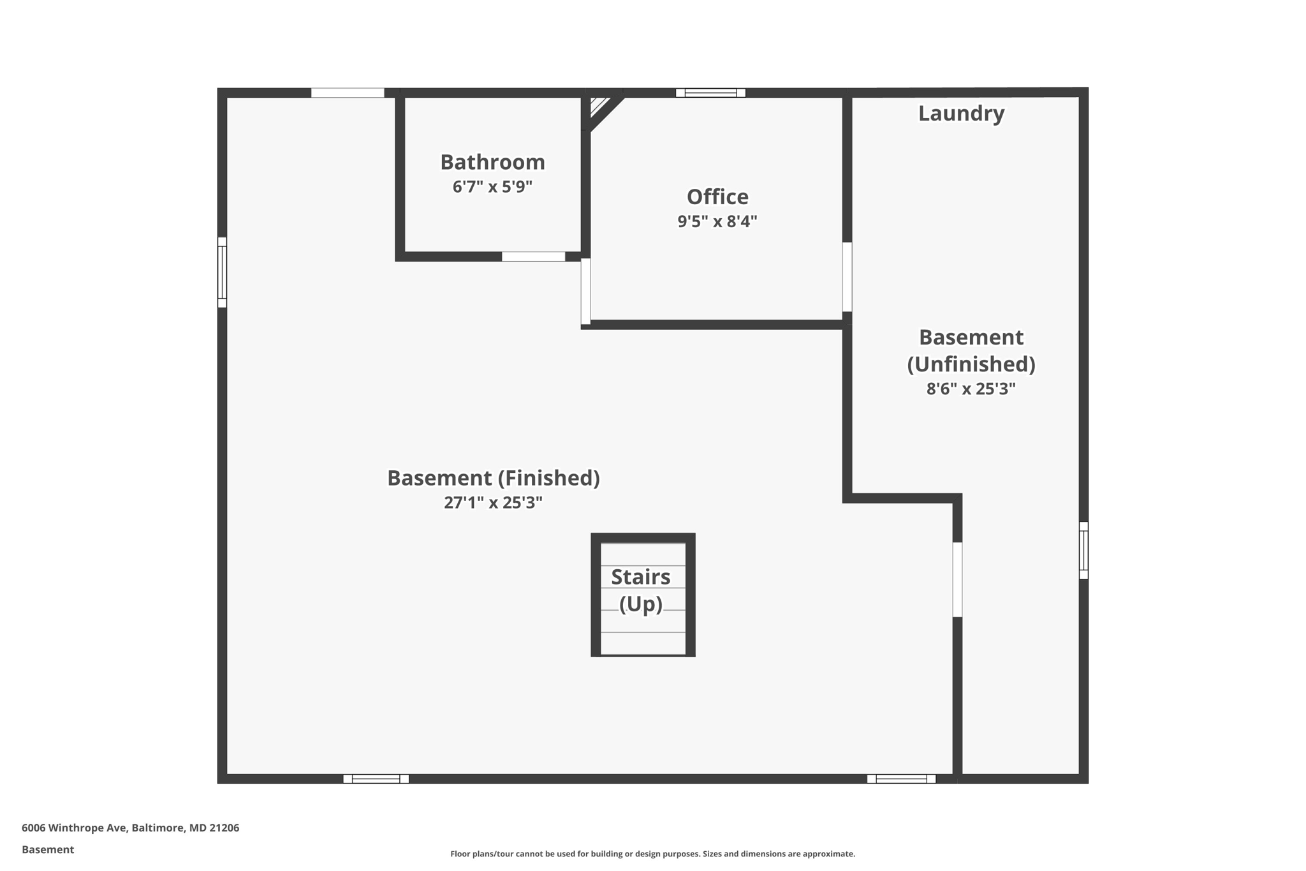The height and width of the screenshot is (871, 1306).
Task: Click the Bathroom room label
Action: pos(492,162)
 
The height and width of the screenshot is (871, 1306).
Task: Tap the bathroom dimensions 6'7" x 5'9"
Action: pos(492,187)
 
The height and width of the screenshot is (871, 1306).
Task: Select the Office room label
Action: pos(717,197)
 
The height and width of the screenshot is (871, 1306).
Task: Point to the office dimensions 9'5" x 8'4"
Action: pos(717,221)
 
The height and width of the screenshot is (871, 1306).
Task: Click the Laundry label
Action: pos(961,114)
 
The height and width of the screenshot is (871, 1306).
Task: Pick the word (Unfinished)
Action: pos(971,364)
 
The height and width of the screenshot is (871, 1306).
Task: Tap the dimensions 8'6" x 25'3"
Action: pos(971,389)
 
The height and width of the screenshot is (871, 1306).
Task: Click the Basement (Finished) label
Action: pos(494,478)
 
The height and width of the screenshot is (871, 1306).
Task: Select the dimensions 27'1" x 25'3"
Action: pos(494,503)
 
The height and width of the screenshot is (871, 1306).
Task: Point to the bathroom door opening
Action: pos(533,257)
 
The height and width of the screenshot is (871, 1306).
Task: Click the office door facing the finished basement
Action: pos(585,291)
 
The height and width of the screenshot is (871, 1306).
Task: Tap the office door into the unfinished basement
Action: pos(847,277)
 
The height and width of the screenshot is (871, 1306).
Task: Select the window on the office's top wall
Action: pos(710,93)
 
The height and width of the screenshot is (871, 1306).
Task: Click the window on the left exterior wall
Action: pos(222,272)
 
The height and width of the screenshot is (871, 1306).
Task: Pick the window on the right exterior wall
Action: pos(1083,550)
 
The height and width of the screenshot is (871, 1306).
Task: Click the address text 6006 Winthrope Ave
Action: pos(130,828)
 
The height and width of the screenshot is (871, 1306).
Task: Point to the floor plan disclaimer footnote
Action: pos(652,854)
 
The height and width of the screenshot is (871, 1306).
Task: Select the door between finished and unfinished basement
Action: pos(957,579)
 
